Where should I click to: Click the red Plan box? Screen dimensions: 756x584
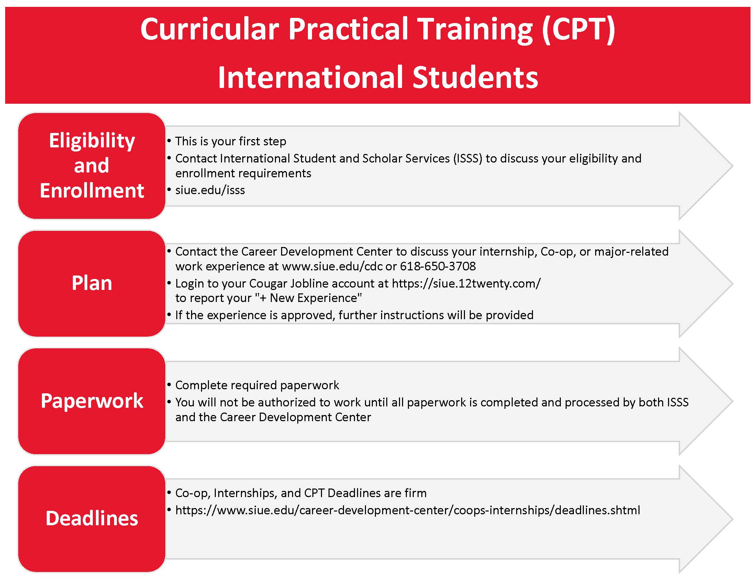[x=92, y=283]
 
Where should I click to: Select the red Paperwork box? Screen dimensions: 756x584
[x=92, y=401]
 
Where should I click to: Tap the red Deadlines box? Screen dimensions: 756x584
[x=92, y=519]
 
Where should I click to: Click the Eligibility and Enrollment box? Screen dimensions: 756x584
[x=92, y=166]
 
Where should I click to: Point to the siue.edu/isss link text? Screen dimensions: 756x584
[x=210, y=190]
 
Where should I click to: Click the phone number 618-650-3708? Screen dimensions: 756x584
[x=438, y=266]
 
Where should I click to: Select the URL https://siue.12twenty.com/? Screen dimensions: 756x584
[x=466, y=283]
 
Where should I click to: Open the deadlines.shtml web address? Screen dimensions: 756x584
[x=408, y=510]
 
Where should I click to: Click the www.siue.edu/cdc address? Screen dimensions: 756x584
[x=332, y=266]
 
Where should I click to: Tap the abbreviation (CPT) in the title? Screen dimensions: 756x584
[x=579, y=30]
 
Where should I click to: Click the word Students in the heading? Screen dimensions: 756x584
[x=475, y=77]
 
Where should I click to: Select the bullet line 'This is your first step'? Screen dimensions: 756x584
[x=231, y=141]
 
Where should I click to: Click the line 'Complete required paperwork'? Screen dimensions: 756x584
[x=257, y=385]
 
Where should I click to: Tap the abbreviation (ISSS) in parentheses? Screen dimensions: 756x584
[x=468, y=158]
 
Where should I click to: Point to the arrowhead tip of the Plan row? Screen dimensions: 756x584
[x=733, y=283]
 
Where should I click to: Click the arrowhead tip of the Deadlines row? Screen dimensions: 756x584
[x=733, y=519]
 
